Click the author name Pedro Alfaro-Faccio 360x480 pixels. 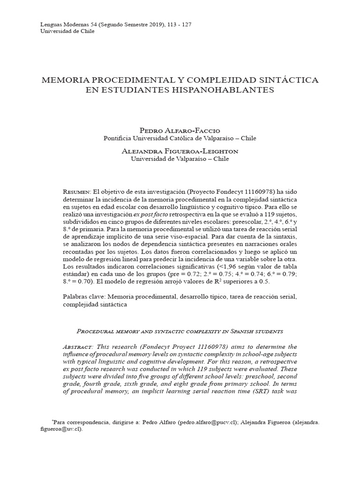[x=180, y=130]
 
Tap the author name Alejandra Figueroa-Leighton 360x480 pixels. [x=180, y=151]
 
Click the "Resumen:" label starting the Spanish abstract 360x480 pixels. [x=77, y=192]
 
